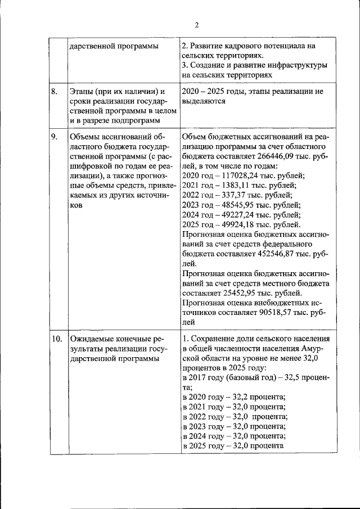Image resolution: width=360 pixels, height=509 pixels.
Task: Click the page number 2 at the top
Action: pyautogui.click(x=196, y=25)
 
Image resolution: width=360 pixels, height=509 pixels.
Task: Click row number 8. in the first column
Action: pyautogui.click(x=55, y=92)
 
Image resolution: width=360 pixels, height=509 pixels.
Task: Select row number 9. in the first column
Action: pyautogui.click(x=55, y=137)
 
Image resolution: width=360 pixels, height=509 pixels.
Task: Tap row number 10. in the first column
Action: pyautogui.click(x=57, y=339)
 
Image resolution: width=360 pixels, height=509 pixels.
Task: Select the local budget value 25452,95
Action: pyautogui.click(x=237, y=293)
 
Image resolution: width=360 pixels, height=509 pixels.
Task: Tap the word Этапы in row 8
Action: pyautogui.click(x=81, y=92)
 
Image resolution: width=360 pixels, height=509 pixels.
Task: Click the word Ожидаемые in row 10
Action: pyautogui.click(x=90, y=339)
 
